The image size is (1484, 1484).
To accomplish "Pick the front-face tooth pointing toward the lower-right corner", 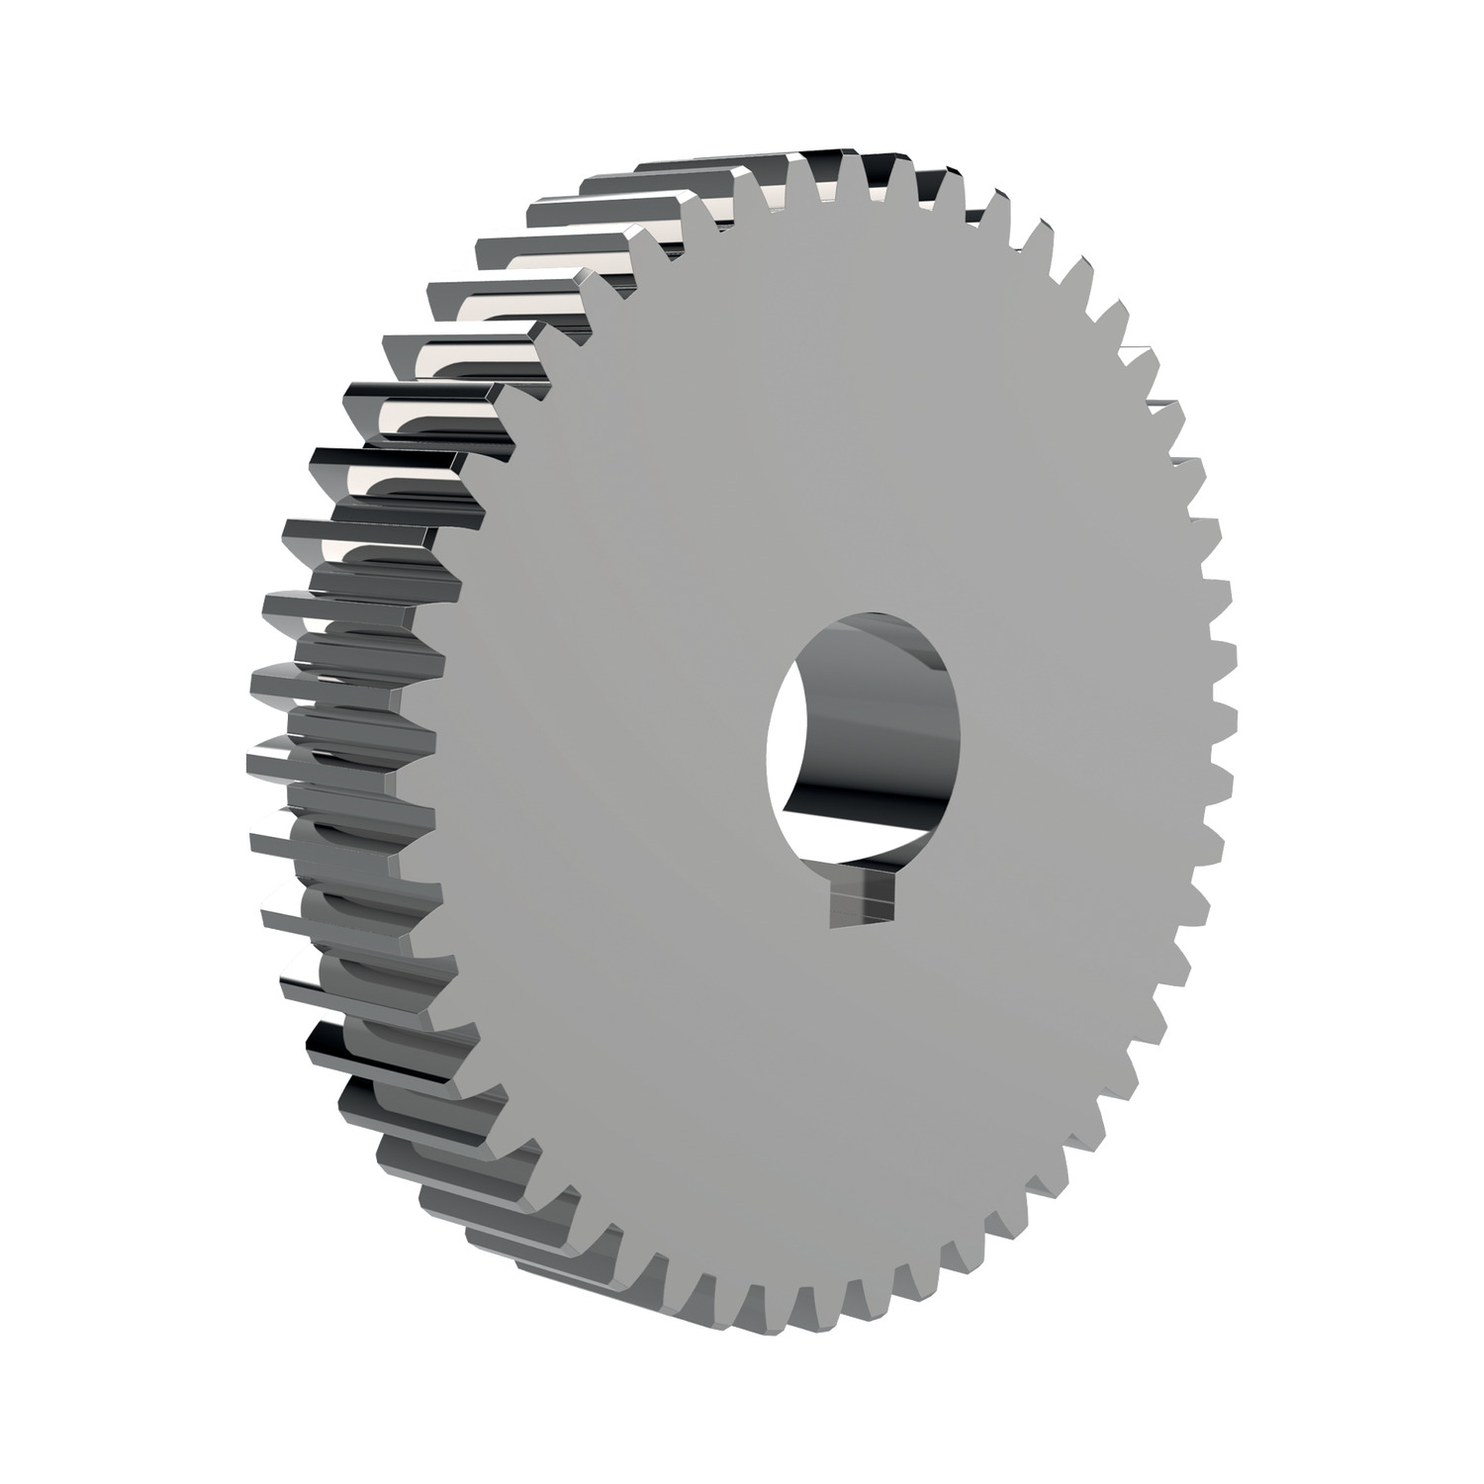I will click(1108, 1138).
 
